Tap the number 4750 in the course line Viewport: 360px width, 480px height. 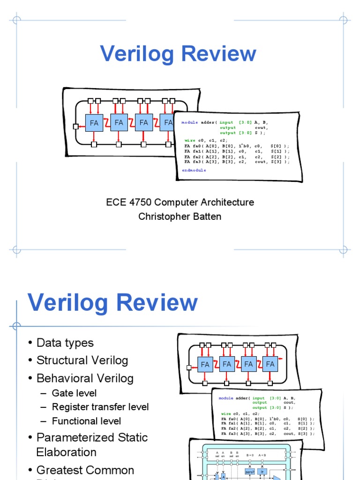[141, 202]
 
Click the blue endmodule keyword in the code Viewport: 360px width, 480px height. [194, 170]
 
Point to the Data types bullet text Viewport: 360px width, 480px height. [65, 343]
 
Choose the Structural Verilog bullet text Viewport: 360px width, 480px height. [82, 360]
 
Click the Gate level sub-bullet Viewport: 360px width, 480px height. [74, 393]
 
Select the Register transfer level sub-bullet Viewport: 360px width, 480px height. [100, 407]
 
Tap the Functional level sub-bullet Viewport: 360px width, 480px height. [86, 421]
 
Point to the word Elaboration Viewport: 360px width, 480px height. [67, 452]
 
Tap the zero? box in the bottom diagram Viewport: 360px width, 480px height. [249, 472]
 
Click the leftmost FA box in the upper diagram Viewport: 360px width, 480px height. [94, 123]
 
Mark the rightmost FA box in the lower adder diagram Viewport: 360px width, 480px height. [270, 364]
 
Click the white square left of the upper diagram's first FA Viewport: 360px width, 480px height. [75, 126]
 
